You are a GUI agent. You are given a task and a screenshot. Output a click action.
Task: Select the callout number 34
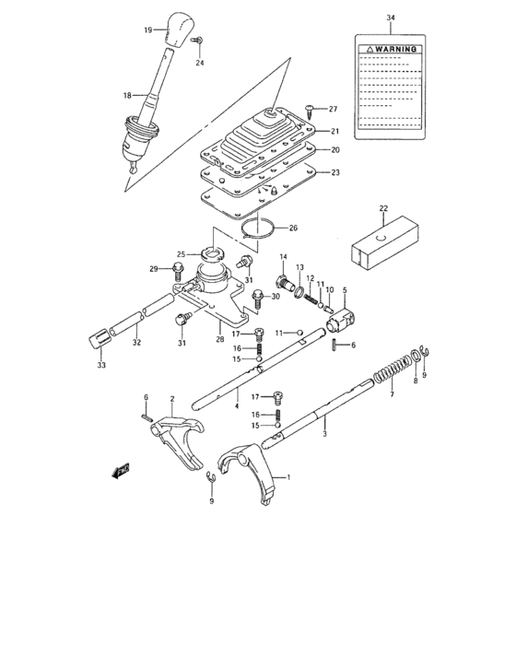tap(390, 18)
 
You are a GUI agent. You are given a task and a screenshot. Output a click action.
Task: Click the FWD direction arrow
tap(120, 472)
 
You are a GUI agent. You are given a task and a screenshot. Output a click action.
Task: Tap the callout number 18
tap(128, 94)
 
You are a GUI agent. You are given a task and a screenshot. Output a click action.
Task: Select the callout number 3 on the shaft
tap(325, 430)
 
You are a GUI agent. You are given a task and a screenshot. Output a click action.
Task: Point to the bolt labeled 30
tap(258, 298)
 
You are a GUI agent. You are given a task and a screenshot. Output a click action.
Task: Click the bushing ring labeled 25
tap(212, 254)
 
